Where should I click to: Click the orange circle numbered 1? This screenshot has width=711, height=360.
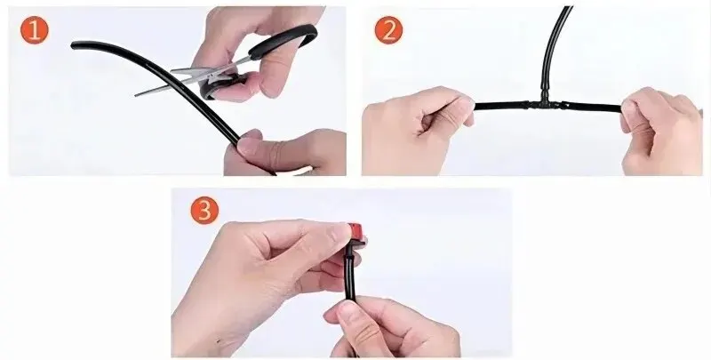point(34,29)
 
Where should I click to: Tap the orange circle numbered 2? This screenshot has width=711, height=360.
point(388,29)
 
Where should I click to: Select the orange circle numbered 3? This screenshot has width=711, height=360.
point(204,210)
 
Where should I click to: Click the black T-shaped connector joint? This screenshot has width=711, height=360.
point(544,105)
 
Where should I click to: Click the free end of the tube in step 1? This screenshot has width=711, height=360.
point(74,44)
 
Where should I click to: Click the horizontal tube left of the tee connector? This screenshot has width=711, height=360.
point(500,106)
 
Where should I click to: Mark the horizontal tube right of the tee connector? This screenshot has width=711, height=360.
point(592,107)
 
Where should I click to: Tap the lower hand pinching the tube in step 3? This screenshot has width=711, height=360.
point(390,326)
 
